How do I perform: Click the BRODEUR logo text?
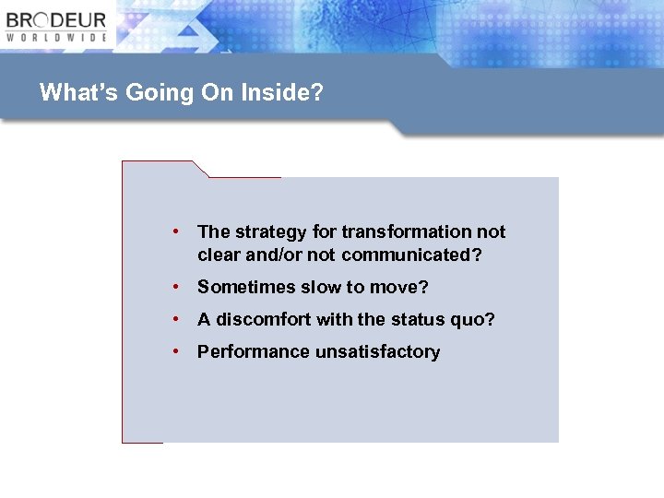pos(56,20)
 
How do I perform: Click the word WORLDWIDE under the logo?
pos(56,38)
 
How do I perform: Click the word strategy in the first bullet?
pos(268,232)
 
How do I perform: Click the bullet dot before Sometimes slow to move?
pos(174,288)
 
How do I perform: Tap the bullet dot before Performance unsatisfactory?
pos(174,351)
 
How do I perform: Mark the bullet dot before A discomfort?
pos(174,320)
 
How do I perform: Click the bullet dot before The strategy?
pos(174,232)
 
